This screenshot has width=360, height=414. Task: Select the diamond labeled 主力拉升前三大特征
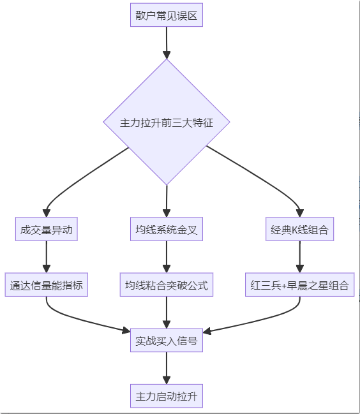coord(167,122)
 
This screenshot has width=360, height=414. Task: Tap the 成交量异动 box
coord(47,230)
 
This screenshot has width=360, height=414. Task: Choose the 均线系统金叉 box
coord(167,230)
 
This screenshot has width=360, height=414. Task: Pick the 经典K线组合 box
coord(299,230)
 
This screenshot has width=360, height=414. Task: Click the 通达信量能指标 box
coord(47,285)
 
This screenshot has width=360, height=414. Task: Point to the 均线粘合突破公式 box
coord(167,285)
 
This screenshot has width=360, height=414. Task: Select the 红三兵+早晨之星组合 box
coord(299,285)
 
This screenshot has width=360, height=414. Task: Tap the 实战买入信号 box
coord(167,341)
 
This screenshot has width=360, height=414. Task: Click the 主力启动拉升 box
coord(167,396)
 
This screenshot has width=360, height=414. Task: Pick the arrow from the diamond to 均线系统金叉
coord(167,201)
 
